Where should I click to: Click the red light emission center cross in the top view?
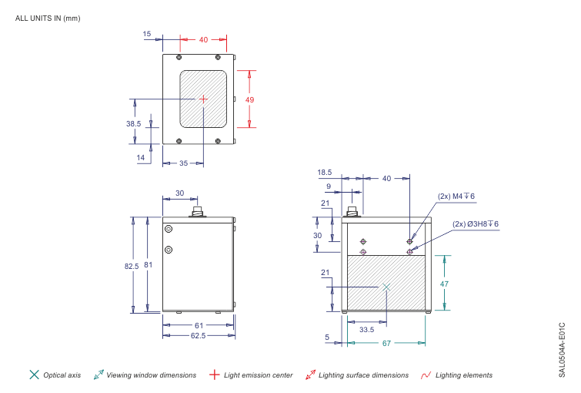click(x=203, y=99)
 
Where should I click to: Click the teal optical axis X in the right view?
click(x=386, y=286)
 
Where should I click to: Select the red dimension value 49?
click(x=249, y=99)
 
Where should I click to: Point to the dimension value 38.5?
click(x=134, y=123)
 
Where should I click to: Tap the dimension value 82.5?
click(x=132, y=266)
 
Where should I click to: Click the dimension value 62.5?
click(x=199, y=337)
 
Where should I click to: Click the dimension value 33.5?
click(x=367, y=329)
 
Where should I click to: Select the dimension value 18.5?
click(x=325, y=173)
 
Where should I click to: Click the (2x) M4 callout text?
click(x=456, y=196)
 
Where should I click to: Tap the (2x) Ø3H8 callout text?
click(x=476, y=224)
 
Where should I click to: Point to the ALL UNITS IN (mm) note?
click(x=48, y=18)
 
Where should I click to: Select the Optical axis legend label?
click(x=62, y=375)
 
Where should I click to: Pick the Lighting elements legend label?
click(x=464, y=375)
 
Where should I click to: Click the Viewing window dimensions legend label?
click(x=151, y=375)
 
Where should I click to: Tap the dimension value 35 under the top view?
click(x=184, y=163)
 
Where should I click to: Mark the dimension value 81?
click(x=149, y=266)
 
